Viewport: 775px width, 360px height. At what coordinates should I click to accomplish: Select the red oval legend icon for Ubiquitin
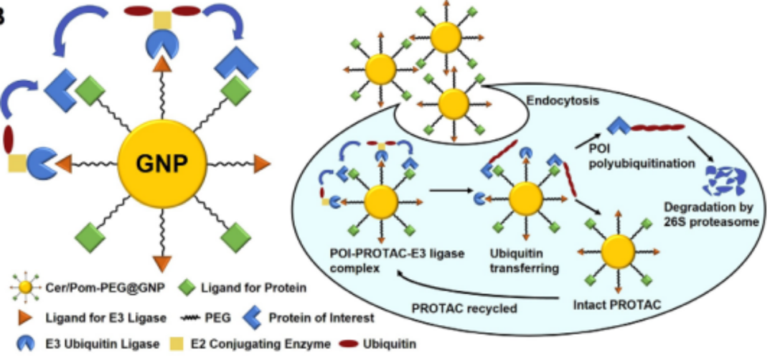pyautogui.click(x=358, y=344)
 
